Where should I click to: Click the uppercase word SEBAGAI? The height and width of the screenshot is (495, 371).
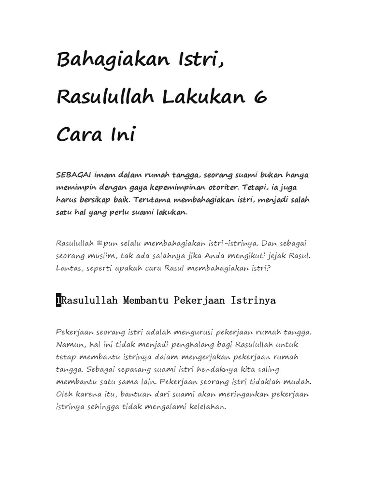[74, 175]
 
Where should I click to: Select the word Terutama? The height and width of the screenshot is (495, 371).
[155, 200]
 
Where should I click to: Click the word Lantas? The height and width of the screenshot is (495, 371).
[69, 268]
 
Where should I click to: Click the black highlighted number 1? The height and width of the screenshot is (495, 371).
[59, 301]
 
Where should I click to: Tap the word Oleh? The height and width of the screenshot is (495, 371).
[65, 394]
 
